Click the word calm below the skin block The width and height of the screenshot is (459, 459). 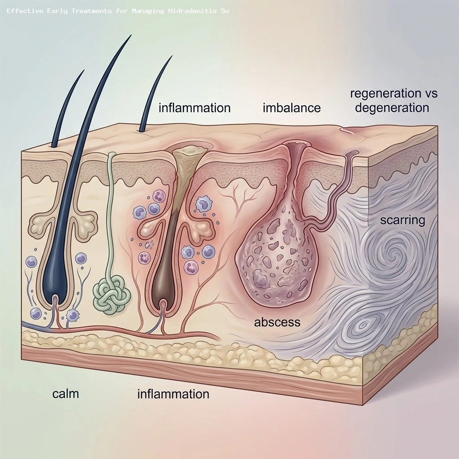tap(65, 394)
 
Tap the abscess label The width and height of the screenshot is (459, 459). tap(277, 322)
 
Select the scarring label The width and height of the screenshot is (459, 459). tap(402, 220)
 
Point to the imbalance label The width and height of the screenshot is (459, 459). tap(292, 108)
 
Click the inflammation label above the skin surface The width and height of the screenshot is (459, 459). tap(195, 108)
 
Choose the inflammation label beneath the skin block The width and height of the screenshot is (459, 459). tap(173, 394)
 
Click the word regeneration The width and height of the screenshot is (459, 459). tap(381, 94)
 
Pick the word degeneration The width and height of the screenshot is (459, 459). tap(390, 108)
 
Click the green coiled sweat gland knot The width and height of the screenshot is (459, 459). tap(111, 293)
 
